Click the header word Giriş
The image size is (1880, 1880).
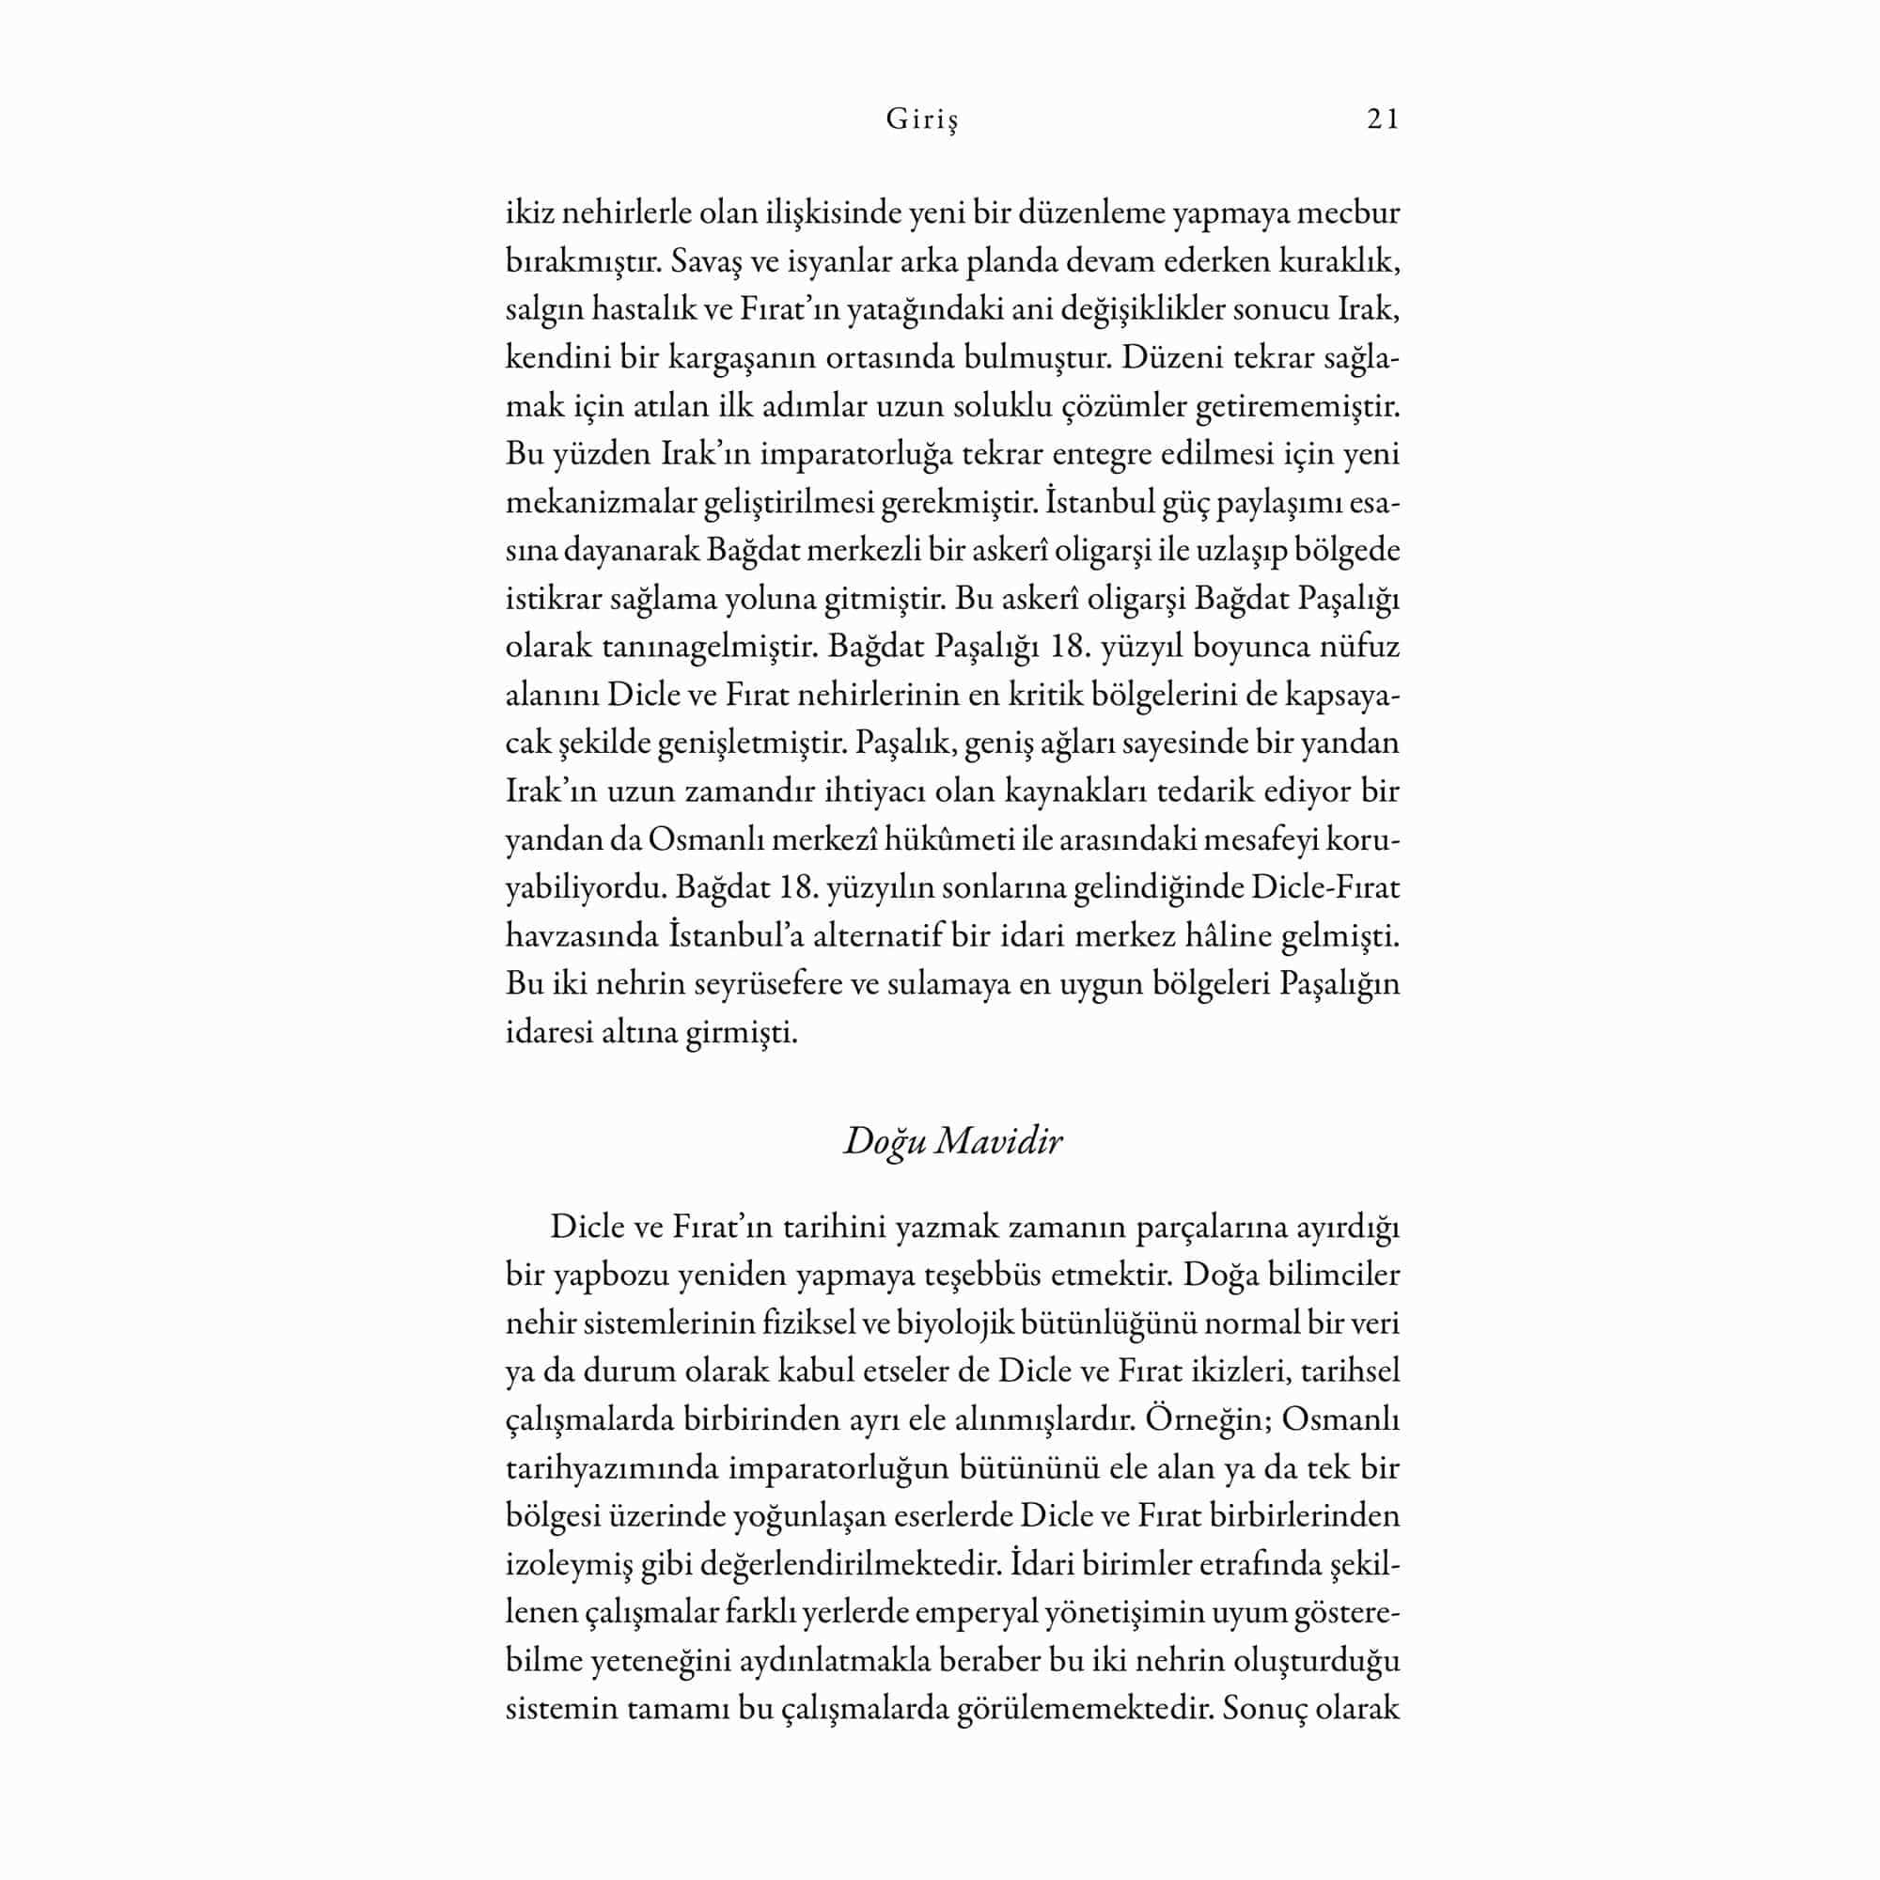tap(921, 120)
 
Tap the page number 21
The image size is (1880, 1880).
tap(1383, 118)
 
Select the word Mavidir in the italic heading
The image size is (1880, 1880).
tap(998, 1141)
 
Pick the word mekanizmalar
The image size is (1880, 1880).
tap(603, 503)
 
